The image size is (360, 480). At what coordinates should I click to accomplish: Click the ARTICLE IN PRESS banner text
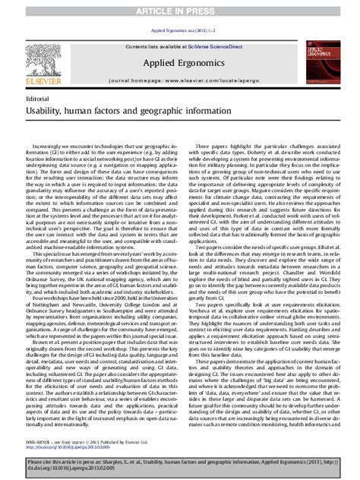pos(180,7)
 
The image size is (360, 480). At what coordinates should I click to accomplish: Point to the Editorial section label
pos(39,99)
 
